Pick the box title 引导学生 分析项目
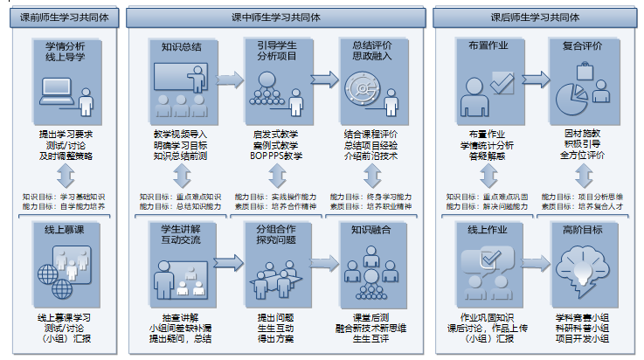276,53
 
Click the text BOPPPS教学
276,156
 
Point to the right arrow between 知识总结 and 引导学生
230,81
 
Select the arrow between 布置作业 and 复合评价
531,81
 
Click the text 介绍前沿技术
370,156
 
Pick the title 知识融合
370,231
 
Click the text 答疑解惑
487,156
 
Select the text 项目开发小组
583,337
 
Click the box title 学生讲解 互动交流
181,235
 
